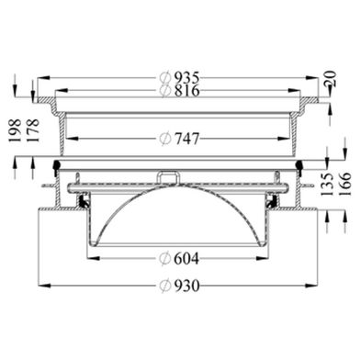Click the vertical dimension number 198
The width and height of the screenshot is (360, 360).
15,130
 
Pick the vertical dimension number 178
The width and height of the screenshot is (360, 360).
33,130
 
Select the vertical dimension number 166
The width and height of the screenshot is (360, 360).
345,185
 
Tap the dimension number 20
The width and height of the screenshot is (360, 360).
331,78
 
